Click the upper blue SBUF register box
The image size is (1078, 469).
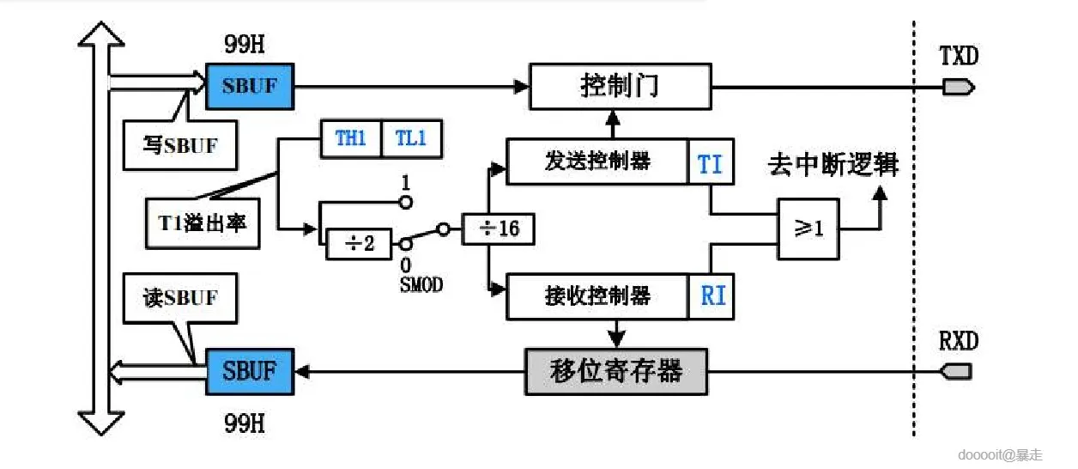point(249,86)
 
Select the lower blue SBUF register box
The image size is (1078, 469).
point(249,371)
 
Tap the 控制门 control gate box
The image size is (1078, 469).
point(620,86)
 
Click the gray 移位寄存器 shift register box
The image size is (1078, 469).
point(615,371)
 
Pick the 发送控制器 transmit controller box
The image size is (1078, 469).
point(597,161)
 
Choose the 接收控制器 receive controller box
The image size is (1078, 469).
point(597,296)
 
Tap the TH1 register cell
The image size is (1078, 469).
point(350,138)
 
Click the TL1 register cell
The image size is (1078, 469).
point(411,138)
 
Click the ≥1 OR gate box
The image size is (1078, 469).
point(808,229)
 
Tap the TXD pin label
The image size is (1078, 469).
point(958,57)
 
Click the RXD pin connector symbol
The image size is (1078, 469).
point(957,371)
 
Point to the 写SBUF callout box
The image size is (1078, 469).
point(179,144)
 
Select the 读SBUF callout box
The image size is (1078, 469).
point(179,298)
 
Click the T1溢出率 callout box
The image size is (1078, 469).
point(203,223)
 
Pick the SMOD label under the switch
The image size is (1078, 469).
point(421,285)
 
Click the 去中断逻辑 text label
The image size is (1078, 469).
point(833,164)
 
